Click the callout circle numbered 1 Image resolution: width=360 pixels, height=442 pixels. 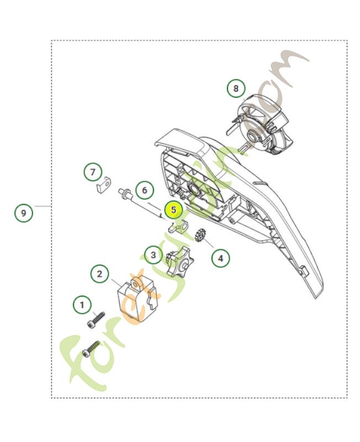click(x=83, y=304)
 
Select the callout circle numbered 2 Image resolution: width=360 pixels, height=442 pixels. click(x=99, y=273)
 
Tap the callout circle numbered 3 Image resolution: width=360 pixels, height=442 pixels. click(x=153, y=255)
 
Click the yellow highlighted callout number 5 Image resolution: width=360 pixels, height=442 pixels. click(x=173, y=210)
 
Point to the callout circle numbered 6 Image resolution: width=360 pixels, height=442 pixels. click(x=144, y=191)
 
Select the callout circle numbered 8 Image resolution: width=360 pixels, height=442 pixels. click(x=236, y=88)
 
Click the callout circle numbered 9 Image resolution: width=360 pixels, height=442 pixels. click(x=23, y=212)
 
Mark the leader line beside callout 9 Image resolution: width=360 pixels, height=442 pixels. click(x=43, y=206)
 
